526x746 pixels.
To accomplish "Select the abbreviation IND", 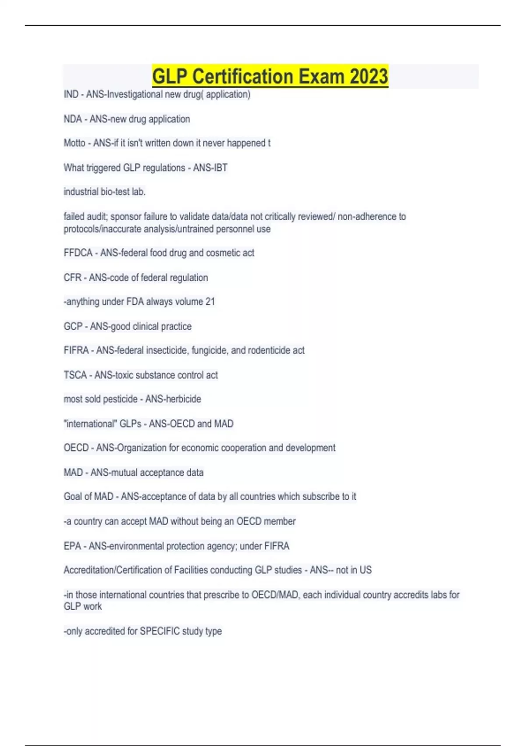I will pos(71,94).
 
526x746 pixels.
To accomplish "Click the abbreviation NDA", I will pos(72,119).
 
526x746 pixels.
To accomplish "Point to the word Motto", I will pos(74,143).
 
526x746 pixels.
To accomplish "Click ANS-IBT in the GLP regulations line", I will pos(210,168).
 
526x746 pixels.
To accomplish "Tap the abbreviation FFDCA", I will pos(78,253).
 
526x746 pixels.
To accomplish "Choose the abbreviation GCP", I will pos(73,326).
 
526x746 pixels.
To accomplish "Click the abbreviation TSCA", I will pos(75,375).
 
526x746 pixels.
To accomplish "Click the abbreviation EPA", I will pos(72,546).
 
